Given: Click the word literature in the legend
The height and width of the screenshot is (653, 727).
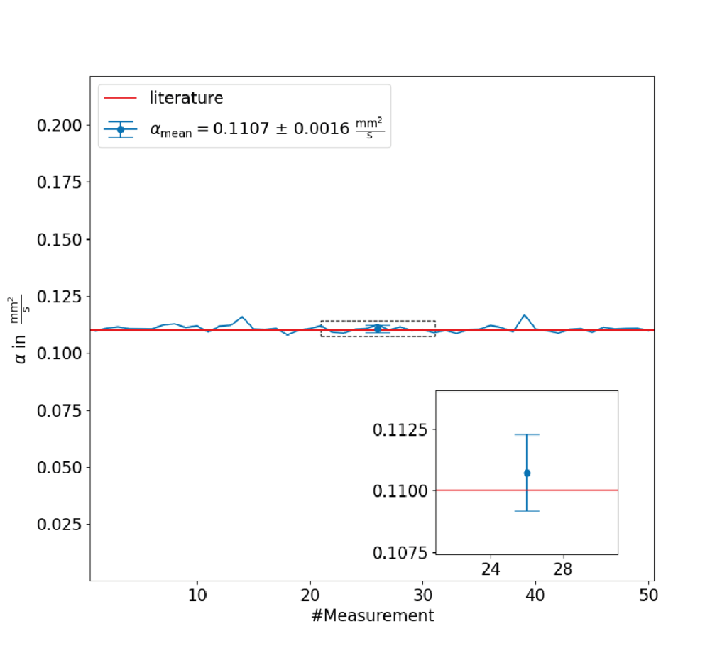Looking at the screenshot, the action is (186, 98).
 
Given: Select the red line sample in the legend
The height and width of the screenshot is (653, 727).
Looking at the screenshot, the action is (121, 98).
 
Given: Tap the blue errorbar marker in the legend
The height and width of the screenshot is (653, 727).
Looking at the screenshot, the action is (121, 130).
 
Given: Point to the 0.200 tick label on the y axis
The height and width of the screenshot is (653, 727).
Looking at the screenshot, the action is (60, 126).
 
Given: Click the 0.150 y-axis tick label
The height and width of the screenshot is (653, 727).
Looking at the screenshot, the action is (60, 240).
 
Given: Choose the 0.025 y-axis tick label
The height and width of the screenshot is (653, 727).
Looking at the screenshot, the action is (60, 524).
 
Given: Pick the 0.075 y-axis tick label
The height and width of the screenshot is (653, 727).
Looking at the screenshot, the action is (60, 410).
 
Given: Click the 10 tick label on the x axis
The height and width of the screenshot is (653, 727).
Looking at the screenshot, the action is (197, 595).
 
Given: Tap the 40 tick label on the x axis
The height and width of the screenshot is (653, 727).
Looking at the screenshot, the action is (535, 595).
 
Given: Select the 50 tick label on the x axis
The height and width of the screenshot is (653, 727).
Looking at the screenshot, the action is (648, 595).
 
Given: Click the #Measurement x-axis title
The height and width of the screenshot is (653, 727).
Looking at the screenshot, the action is (373, 615).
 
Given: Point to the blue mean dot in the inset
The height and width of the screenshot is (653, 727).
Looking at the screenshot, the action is (528, 473).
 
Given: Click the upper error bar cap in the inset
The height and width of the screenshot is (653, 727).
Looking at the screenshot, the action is (528, 434).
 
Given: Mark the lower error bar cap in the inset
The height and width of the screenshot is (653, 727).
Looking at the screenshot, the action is (528, 511).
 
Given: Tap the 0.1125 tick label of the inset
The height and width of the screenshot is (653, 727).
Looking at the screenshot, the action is (400, 429).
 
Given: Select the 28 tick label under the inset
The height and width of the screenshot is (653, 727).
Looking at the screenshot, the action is (563, 569).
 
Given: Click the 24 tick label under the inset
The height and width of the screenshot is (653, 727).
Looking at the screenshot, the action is (491, 569).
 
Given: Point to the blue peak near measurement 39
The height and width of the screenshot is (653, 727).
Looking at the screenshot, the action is (525, 315).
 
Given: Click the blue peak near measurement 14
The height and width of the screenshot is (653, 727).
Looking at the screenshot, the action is (241, 317).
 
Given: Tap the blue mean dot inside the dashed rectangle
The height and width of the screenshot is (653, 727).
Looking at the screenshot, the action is (378, 329).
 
